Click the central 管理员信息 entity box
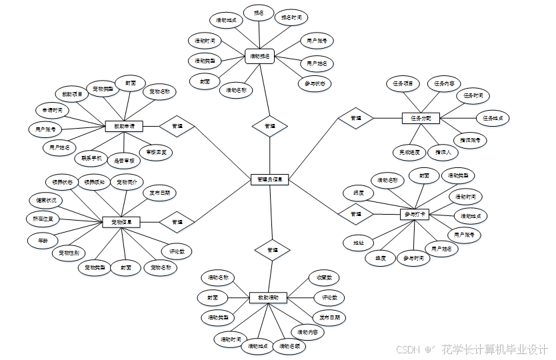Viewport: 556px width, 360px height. pyautogui.click(x=270, y=179)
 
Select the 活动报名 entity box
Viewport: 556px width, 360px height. pyautogui.click(x=259, y=57)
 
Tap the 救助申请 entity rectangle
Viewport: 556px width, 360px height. pyautogui.click(x=125, y=126)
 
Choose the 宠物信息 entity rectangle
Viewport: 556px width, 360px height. pyautogui.click(x=121, y=222)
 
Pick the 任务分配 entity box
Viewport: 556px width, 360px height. pyautogui.click(x=421, y=118)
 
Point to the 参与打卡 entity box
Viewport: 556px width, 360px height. pyautogui.click(x=415, y=214)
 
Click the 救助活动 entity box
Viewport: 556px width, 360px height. pyautogui.click(x=268, y=297)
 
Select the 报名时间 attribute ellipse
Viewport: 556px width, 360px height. pyautogui.click(x=291, y=17)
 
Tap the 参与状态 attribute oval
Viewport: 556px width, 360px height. pyautogui.click(x=315, y=84)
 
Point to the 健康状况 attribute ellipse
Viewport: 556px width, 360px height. pyautogui.click(x=46, y=200)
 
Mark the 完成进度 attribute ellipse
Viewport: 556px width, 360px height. pyautogui.click(x=408, y=152)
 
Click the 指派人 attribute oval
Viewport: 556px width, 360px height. pyautogui.click(x=443, y=152)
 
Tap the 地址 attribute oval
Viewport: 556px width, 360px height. pyautogui.click(x=358, y=243)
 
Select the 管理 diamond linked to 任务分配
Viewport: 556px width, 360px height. pyautogui.click(x=355, y=118)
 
